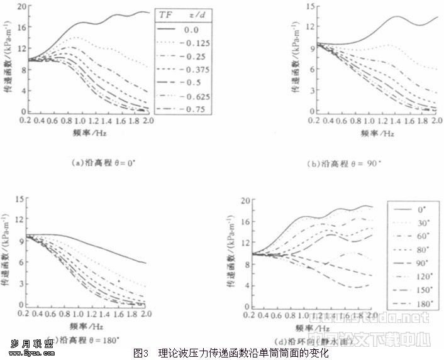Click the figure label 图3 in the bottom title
[x=141, y=352]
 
